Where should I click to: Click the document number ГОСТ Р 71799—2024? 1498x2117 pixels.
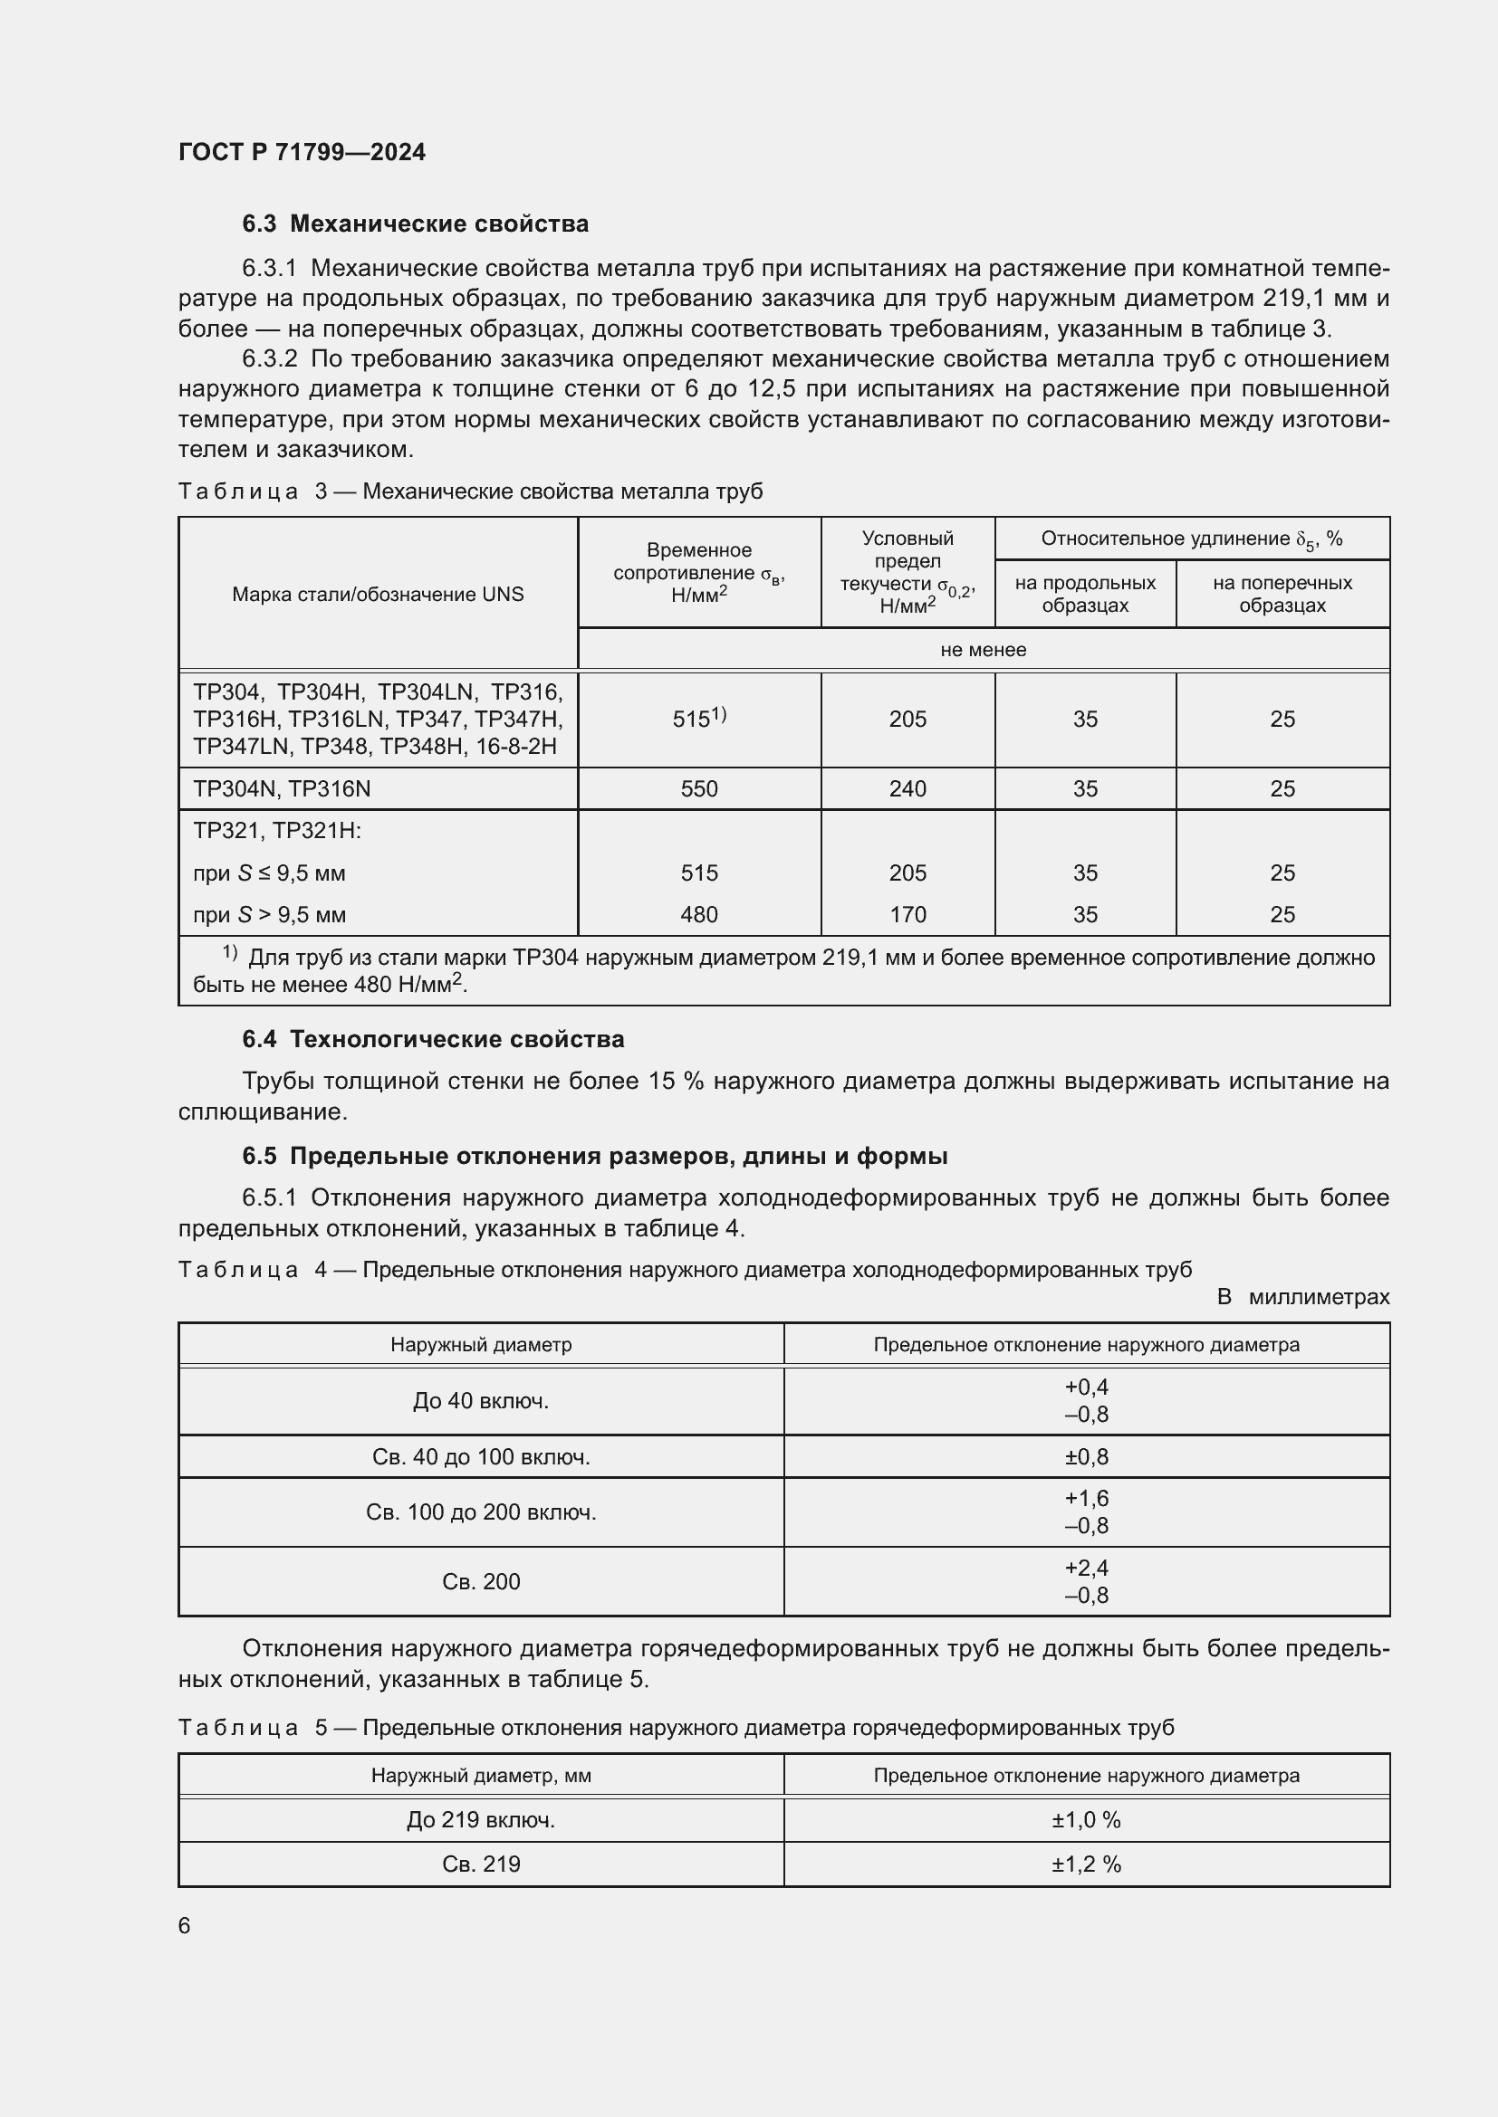[302, 152]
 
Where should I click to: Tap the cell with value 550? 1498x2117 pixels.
[698, 789]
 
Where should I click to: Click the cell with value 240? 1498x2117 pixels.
[907, 789]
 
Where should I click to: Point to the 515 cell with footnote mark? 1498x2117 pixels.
[698, 720]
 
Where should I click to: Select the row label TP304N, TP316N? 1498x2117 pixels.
[282, 789]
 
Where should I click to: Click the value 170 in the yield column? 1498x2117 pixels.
[907, 915]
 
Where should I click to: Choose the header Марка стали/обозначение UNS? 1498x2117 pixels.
[378, 595]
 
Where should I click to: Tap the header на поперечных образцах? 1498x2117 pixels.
[1282, 595]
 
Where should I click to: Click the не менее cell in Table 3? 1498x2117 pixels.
[984, 650]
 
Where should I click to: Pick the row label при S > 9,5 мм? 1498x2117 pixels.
[269, 915]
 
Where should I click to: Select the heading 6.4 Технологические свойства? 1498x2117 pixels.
[433, 1039]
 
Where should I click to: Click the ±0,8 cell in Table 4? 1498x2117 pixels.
[1086, 1457]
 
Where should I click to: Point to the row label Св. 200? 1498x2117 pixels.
[481, 1581]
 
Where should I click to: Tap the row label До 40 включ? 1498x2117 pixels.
[481, 1400]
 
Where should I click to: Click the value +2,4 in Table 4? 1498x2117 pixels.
[1086, 1568]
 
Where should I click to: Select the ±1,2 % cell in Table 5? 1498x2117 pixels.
[1086, 1864]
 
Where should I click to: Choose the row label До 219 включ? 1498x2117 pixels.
[481, 1820]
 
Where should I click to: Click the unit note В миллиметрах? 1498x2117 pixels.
[1302, 1297]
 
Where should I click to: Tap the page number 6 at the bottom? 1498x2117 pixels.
[185, 1926]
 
